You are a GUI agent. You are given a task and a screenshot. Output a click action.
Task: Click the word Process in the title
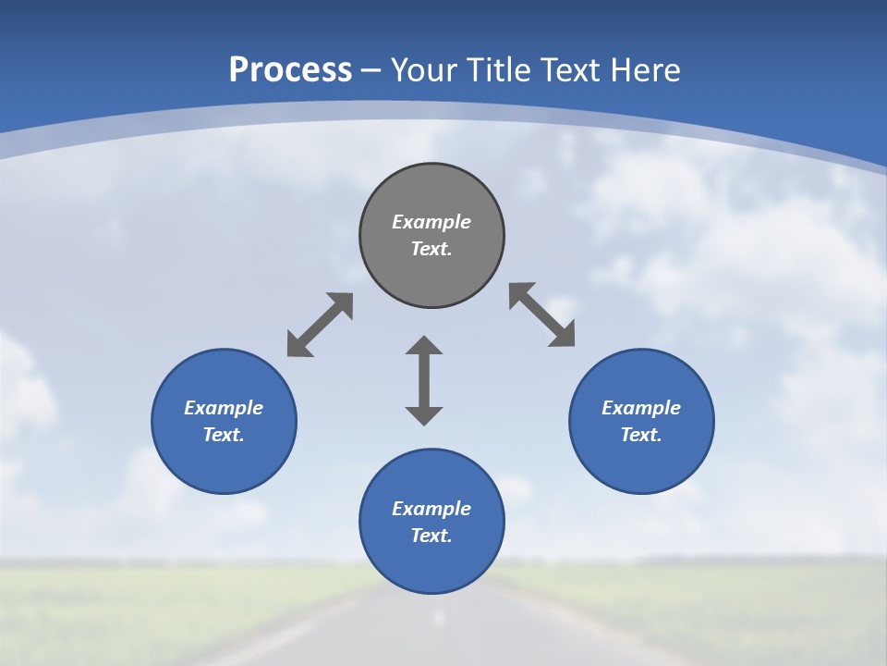(290, 69)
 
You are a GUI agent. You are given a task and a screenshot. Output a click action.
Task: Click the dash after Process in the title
(371, 71)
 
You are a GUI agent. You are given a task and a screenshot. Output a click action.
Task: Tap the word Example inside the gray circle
(431, 222)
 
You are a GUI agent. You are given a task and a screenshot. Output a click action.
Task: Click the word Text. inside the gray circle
(431, 249)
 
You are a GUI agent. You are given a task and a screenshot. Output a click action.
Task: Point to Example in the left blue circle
(224, 408)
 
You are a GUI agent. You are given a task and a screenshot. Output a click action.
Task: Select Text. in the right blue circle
(641, 435)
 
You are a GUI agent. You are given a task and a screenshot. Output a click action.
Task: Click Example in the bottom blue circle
(431, 509)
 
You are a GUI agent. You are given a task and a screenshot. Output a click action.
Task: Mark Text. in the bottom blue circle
(431, 536)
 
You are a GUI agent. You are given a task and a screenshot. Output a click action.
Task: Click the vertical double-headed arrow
(424, 380)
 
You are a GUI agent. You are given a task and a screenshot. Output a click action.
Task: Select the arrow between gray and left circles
(320, 325)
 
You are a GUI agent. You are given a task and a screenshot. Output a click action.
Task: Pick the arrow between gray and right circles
(542, 315)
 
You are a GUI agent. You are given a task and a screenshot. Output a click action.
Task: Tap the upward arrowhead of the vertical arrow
(424, 345)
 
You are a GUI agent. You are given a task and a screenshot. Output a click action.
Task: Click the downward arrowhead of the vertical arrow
(424, 415)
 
